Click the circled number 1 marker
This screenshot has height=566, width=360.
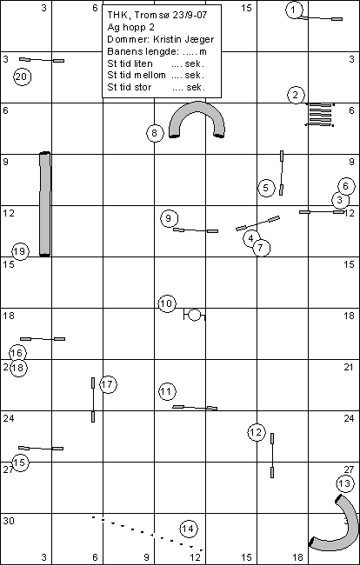pyautogui.click(x=294, y=10)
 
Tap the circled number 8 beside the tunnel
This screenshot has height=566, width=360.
pyautogui.click(x=155, y=133)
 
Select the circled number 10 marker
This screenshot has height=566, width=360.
pyautogui.click(x=167, y=304)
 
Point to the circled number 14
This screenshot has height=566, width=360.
pyautogui.click(x=188, y=529)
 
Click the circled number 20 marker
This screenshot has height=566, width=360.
pyautogui.click(x=22, y=77)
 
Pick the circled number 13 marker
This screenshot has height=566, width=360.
pyautogui.click(x=345, y=483)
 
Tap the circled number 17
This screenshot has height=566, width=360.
pyautogui.click(x=108, y=384)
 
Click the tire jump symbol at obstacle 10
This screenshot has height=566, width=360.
pyautogui.click(x=195, y=315)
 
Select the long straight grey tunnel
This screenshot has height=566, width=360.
pyautogui.click(x=44, y=204)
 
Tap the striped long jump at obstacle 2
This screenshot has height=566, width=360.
pyautogui.click(x=320, y=115)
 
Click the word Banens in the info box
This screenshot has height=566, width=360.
pyautogui.click(x=122, y=51)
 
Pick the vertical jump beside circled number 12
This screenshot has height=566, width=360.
pyautogui.click(x=272, y=456)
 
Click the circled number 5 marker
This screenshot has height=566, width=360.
pyautogui.click(x=266, y=188)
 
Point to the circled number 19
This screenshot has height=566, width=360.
pyautogui.click(x=20, y=251)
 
